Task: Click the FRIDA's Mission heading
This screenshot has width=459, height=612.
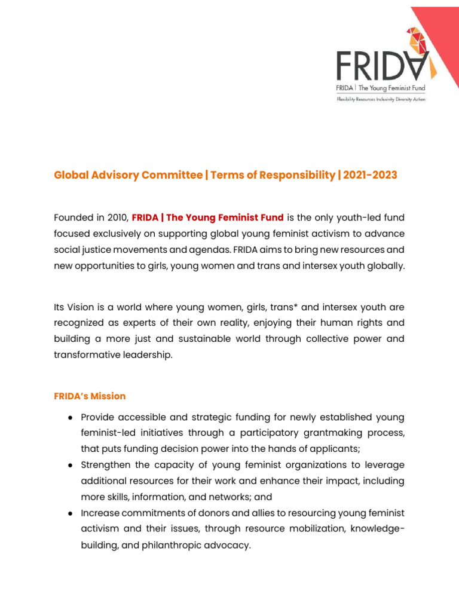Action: point(90,396)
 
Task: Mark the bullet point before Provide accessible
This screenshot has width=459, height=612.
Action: point(71,417)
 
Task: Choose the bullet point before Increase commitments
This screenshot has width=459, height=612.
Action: point(71,513)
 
